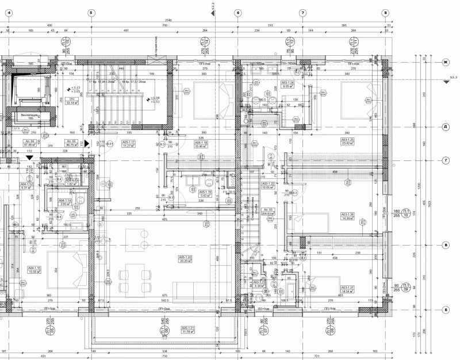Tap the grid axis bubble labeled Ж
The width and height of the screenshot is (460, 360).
[444, 62]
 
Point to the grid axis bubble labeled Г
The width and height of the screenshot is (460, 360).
[444, 160]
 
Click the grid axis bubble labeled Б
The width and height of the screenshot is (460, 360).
[444, 310]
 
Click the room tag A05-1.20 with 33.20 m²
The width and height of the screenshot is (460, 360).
[185, 259]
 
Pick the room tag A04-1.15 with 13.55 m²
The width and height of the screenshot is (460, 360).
[36, 270]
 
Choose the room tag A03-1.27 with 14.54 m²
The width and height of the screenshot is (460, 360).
[347, 289]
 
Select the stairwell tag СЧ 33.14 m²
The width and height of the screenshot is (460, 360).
[72, 102]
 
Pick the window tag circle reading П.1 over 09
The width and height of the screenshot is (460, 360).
[406, 287]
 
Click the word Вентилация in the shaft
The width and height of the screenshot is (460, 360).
[30, 115]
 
